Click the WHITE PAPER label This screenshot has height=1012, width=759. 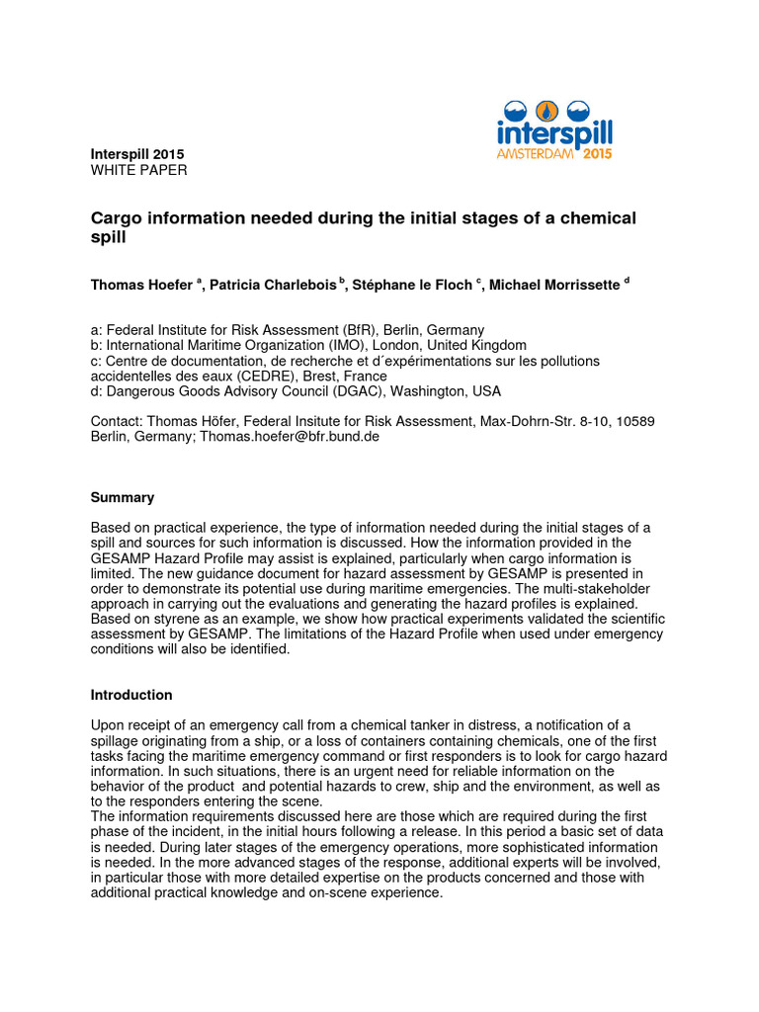coord(138,170)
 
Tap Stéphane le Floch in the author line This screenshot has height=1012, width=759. coord(412,285)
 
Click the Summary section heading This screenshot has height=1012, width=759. coord(123,497)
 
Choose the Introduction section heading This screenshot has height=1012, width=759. coord(131,695)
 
